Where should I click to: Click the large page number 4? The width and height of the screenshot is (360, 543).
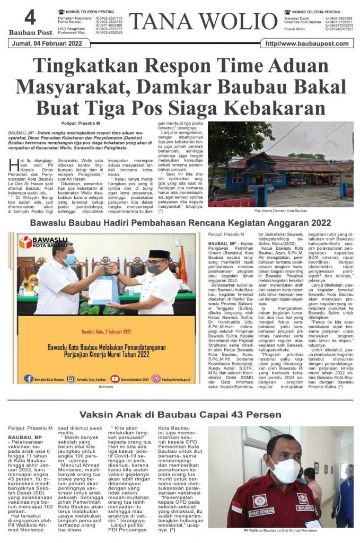pos(30,19)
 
